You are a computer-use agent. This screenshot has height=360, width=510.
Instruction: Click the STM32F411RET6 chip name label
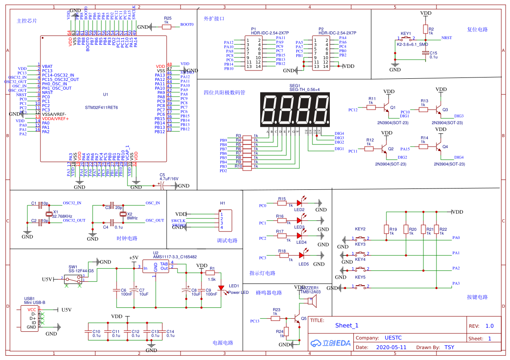tap(101, 107)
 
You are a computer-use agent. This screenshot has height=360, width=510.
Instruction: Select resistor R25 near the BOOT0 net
tap(167, 27)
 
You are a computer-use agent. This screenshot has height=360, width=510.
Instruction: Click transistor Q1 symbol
tap(386, 107)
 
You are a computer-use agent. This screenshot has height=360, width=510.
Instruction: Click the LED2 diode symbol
tap(299, 203)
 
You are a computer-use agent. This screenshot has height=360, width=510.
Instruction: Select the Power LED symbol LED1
tap(221, 288)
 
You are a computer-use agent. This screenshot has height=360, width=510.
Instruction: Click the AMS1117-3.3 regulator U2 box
tap(155, 268)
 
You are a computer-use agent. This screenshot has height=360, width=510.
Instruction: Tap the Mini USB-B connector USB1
tap(30, 318)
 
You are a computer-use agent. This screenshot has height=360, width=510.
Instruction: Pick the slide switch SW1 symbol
tap(73, 279)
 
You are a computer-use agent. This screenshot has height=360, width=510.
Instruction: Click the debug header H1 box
tap(225, 221)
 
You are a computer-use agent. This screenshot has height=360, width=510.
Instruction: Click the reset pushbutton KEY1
tap(406, 38)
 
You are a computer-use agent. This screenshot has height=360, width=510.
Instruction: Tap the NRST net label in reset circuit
tap(446, 38)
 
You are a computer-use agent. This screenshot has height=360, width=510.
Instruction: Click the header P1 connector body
tap(254, 54)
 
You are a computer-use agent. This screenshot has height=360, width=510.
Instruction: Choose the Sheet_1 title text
tap(347, 326)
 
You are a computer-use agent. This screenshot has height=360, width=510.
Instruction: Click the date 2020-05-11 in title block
tap(390, 347)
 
